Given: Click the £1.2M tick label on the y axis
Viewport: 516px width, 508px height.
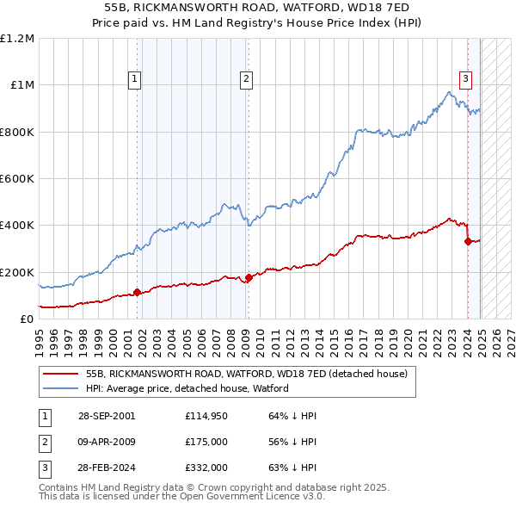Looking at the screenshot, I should (x=17, y=39).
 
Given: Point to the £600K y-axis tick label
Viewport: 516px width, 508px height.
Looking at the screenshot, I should (x=17, y=179).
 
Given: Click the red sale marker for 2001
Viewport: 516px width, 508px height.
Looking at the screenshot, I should (x=138, y=292).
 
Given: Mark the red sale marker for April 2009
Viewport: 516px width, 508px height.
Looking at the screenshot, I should (x=249, y=277).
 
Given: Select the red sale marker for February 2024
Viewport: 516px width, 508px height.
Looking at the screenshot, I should (x=468, y=241).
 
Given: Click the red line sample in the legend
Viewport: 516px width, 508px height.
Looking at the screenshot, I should (x=62, y=374).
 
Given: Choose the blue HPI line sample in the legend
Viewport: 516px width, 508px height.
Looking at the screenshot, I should (x=62, y=388).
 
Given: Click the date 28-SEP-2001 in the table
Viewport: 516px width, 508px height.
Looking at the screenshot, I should (x=106, y=416).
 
